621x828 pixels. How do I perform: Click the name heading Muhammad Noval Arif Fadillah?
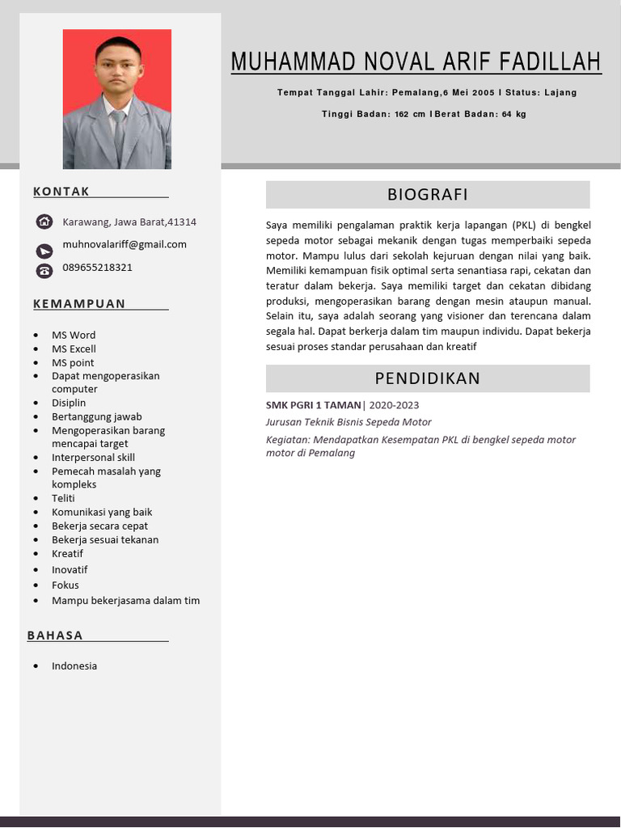click(416, 62)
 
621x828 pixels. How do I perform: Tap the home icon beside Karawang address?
click(44, 222)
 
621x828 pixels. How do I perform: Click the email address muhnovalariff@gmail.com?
click(125, 244)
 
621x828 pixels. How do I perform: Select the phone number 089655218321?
click(97, 268)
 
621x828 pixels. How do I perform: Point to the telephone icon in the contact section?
click(44, 271)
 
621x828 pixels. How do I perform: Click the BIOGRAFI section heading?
click(427, 195)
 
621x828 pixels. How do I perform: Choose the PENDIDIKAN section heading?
click(427, 378)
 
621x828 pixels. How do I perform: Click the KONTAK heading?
click(61, 192)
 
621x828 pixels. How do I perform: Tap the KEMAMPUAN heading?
click(79, 304)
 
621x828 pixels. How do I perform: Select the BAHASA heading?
click(55, 636)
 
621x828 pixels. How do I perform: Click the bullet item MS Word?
click(74, 335)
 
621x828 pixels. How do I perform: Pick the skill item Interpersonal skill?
click(93, 458)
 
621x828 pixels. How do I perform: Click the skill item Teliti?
click(63, 499)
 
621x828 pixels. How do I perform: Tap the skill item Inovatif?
click(70, 570)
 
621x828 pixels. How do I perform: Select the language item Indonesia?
click(74, 666)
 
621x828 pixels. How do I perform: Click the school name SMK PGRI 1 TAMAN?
click(314, 405)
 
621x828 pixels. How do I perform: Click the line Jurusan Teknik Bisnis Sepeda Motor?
click(349, 422)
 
